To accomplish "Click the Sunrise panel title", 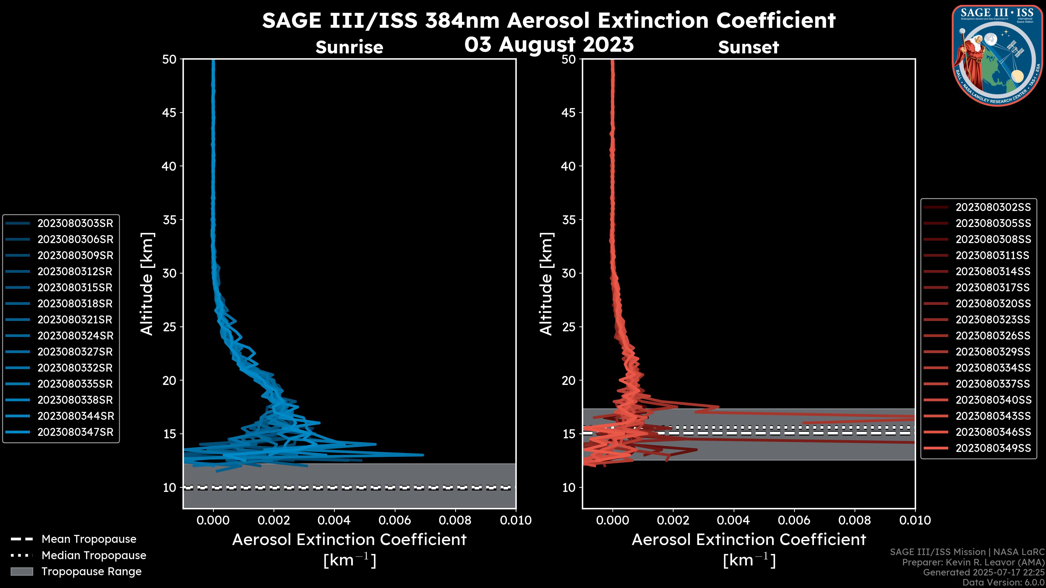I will click(x=349, y=47).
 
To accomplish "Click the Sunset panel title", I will click(x=748, y=47).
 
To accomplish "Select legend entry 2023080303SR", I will click(x=75, y=223).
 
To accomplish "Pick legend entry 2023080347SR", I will click(x=75, y=432).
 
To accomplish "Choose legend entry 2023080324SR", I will click(x=75, y=336).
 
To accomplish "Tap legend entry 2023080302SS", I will click(x=993, y=207).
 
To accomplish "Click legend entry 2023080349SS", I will click(x=993, y=448).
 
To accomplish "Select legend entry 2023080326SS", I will click(x=993, y=336).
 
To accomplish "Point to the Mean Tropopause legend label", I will click(x=89, y=539).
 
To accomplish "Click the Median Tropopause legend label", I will click(x=94, y=556).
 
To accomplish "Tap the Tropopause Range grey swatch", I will click(x=22, y=571).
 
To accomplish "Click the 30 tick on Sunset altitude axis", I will click(x=568, y=273).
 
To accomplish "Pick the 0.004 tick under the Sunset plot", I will click(x=734, y=520).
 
